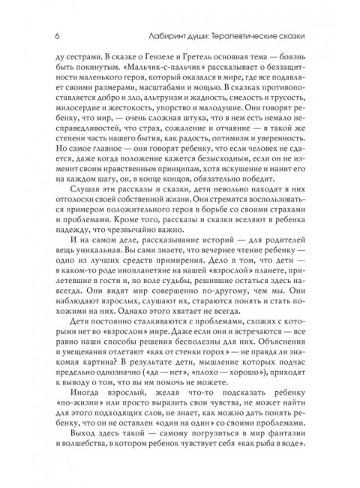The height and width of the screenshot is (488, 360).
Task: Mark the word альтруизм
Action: point(163,103)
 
